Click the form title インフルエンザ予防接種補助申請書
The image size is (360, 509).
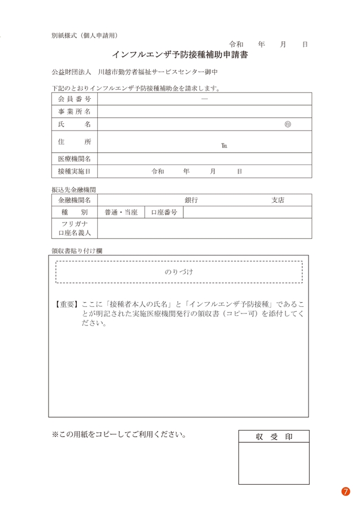[x=180, y=56]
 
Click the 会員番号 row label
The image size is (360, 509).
[x=74, y=98]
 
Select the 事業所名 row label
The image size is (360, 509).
[x=74, y=111]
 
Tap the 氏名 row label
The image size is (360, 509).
[x=74, y=124]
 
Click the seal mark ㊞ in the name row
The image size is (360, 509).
[x=288, y=124]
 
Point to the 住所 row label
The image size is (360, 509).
[x=74, y=141]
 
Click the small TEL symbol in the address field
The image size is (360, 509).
[x=224, y=145]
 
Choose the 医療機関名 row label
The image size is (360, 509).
[x=74, y=159]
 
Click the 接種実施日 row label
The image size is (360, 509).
[x=74, y=171]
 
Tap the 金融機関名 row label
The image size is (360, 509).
[x=74, y=200]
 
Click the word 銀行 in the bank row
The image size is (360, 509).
[x=191, y=200]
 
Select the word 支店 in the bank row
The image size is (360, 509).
[x=277, y=200]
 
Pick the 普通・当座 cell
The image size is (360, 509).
[x=121, y=212]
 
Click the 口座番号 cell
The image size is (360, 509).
[x=164, y=212]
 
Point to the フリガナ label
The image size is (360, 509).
[x=74, y=224]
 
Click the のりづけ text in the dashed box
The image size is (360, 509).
[x=179, y=272]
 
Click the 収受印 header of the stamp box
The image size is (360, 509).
[x=274, y=436]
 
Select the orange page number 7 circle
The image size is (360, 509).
[x=346, y=491]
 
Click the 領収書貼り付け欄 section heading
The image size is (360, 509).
[x=77, y=250]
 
